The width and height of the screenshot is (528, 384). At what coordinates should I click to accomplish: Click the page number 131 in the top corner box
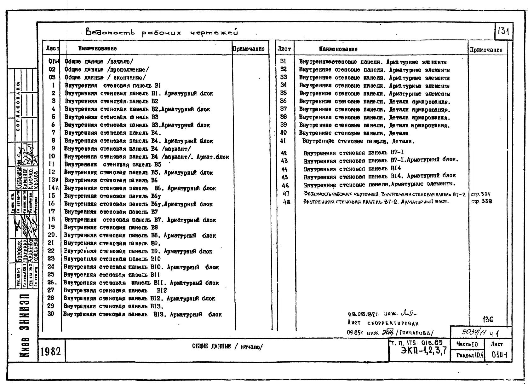pyautogui.click(x=503, y=32)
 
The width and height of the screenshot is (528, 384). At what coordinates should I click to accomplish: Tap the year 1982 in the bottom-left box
pyautogui.click(x=51, y=351)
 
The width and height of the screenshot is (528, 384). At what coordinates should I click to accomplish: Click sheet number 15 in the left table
pyautogui.click(x=51, y=196)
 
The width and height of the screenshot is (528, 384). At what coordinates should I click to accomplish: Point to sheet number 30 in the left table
pyautogui.click(x=51, y=314)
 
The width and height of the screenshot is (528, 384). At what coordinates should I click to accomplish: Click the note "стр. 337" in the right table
pyautogui.click(x=480, y=194)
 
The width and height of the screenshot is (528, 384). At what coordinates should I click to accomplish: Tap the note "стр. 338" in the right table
pyautogui.click(x=481, y=201)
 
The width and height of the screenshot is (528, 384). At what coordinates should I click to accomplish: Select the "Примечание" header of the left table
pyautogui.click(x=248, y=49)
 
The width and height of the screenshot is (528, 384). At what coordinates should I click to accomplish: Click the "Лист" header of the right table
pyautogui.click(x=284, y=49)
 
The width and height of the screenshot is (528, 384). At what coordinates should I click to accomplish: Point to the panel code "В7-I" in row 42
pyautogui.click(x=397, y=153)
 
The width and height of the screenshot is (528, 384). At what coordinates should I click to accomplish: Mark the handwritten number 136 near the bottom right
pyautogui.click(x=488, y=320)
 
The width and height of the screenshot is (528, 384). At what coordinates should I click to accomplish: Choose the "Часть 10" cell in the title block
pyautogui.click(x=467, y=344)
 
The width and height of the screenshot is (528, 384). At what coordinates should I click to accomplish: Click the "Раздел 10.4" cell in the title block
pyautogui.click(x=470, y=355)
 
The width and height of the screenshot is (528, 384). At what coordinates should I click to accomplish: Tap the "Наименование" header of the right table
pyautogui.click(x=338, y=49)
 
